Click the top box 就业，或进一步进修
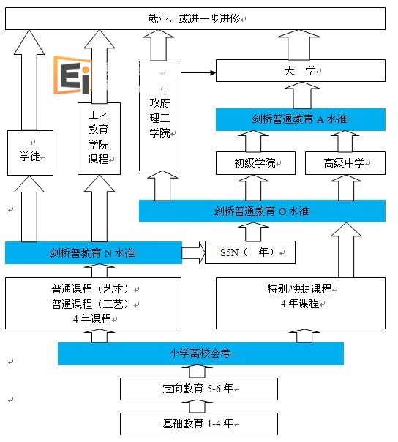195,19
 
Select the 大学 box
300,71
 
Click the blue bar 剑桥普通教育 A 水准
300,120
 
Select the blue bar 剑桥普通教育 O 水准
262,211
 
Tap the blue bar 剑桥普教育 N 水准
93,253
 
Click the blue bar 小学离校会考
200,353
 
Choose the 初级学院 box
255,163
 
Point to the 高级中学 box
345,163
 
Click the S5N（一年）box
249,253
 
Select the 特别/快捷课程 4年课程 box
300,302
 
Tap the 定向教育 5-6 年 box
199,389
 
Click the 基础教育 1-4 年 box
199,424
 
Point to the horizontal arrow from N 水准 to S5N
193,253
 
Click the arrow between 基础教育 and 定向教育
199,406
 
